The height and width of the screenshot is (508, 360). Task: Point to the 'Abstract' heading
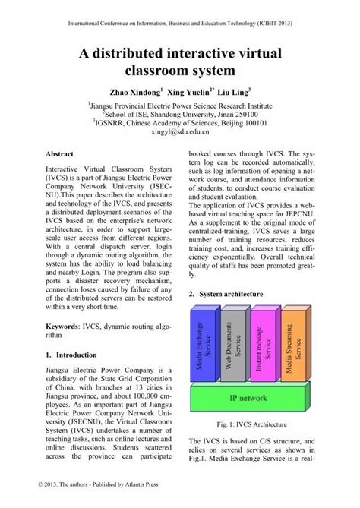coord(62,153)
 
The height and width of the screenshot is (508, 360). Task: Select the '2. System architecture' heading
coord(229,293)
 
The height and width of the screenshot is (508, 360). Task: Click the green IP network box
coord(248,397)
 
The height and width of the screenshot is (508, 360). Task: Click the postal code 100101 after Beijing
coord(251,121)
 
